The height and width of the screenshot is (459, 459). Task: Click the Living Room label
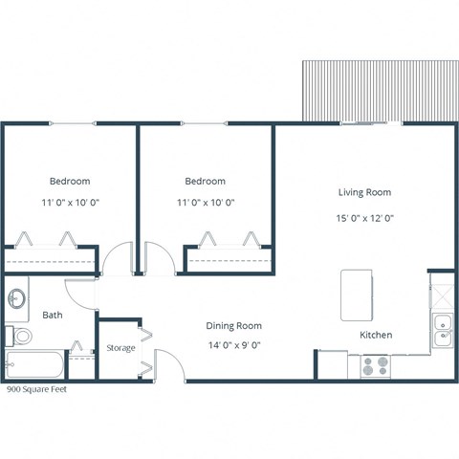click(364, 192)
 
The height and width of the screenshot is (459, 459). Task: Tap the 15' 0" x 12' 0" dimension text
click(364, 217)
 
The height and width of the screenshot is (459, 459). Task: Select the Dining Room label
click(234, 325)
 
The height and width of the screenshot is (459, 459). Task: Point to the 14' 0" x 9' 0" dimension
click(234, 345)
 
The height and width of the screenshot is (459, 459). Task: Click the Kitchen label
click(375, 335)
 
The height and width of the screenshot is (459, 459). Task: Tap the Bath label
click(52, 316)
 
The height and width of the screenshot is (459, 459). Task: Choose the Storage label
click(120, 347)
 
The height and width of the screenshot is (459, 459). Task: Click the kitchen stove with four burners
click(374, 365)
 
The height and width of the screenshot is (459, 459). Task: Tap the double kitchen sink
click(442, 329)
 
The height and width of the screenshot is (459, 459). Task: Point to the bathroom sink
click(15, 298)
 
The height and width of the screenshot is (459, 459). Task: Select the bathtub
click(34, 366)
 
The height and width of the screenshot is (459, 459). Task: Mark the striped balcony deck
click(379, 92)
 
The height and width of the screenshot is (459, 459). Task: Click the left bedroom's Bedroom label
click(70, 181)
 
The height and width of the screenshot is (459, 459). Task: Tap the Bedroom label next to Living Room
click(206, 181)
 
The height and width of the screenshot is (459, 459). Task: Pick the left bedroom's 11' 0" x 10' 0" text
click(70, 203)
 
